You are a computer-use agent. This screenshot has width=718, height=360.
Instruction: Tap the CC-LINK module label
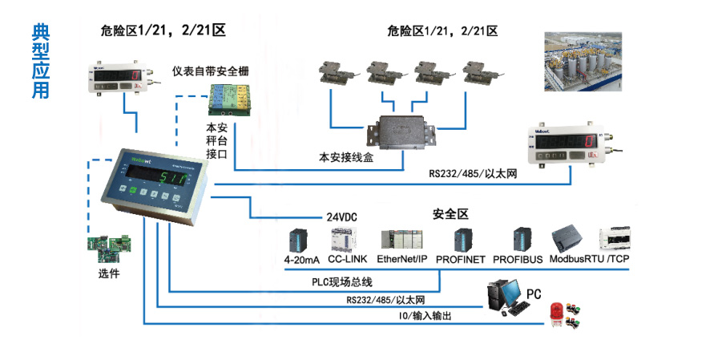(x=347, y=260)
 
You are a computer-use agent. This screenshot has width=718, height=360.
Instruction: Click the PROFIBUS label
(x=517, y=260)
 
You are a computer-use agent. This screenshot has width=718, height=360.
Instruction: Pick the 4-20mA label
(x=301, y=260)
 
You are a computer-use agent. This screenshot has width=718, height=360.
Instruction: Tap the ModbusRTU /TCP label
(x=590, y=260)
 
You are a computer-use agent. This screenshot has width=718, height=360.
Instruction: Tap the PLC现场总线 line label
(x=342, y=282)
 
